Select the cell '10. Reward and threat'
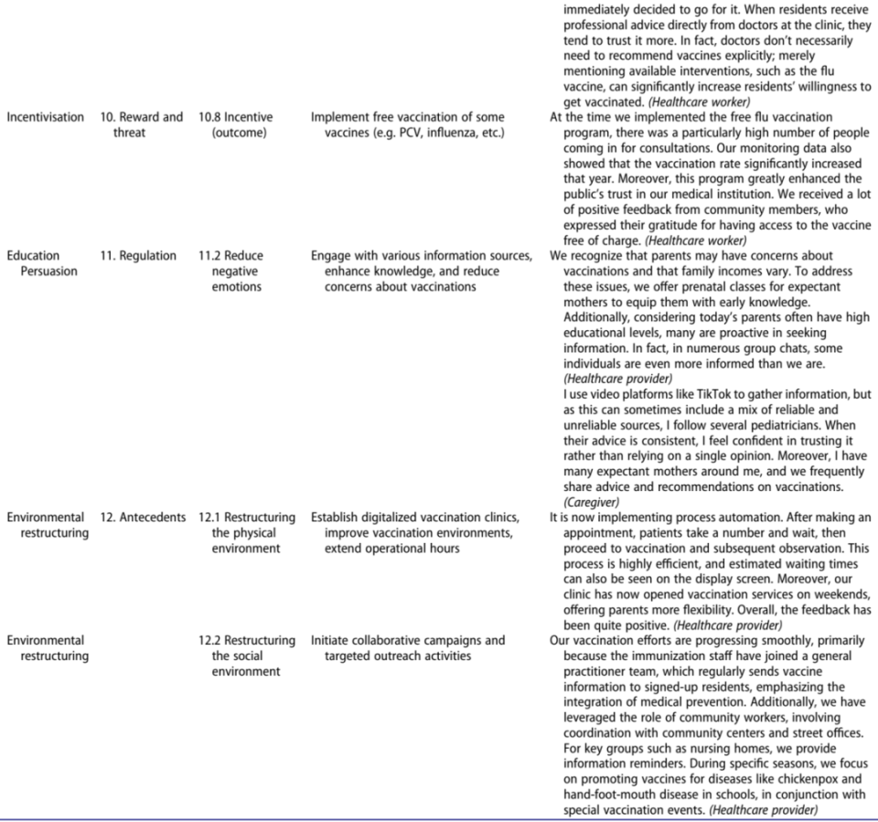coord(141,125)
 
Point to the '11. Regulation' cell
coord(138,256)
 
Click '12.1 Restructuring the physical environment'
coord(246,533)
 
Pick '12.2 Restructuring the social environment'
coord(246,656)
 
